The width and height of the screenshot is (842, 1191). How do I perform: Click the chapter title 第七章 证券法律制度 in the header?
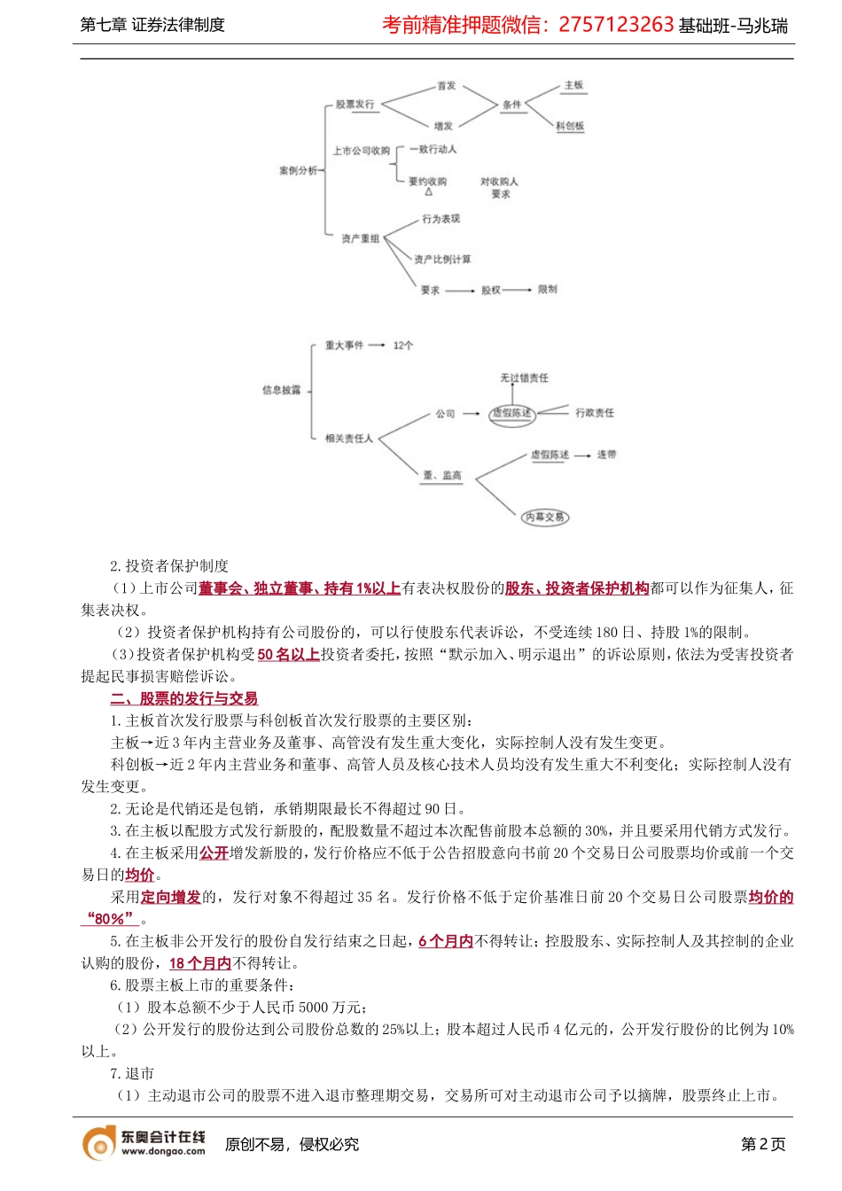[x=152, y=25]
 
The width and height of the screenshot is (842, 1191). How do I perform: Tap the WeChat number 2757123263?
[x=616, y=25]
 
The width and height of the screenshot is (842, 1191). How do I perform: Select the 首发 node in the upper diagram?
[x=446, y=86]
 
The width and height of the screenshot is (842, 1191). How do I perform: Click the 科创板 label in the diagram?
[x=570, y=126]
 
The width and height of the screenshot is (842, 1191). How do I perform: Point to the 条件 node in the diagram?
[x=512, y=105]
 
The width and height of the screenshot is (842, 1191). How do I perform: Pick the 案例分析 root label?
[x=298, y=170]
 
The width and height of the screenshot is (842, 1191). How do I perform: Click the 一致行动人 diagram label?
[x=433, y=149]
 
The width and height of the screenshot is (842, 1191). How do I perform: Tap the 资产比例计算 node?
[x=442, y=260]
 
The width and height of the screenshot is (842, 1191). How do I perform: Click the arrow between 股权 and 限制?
[x=518, y=290]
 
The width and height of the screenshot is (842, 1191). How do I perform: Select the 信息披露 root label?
[x=282, y=390]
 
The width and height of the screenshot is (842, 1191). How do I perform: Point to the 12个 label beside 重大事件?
[x=403, y=346]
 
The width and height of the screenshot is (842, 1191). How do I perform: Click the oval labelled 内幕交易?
[x=544, y=517]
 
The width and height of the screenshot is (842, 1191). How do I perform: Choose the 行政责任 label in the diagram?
[x=595, y=413]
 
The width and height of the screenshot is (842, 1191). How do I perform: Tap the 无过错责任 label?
[x=525, y=378]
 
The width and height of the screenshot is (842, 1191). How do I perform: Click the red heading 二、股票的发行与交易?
[x=184, y=698]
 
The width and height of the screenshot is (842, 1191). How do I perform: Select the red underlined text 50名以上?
[x=289, y=654]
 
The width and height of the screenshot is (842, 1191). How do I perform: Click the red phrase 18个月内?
[x=200, y=963]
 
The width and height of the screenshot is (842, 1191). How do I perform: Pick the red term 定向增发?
[x=171, y=897]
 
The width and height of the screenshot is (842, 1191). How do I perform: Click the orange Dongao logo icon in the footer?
[x=99, y=1144]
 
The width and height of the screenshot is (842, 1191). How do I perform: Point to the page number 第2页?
[x=763, y=1144]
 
